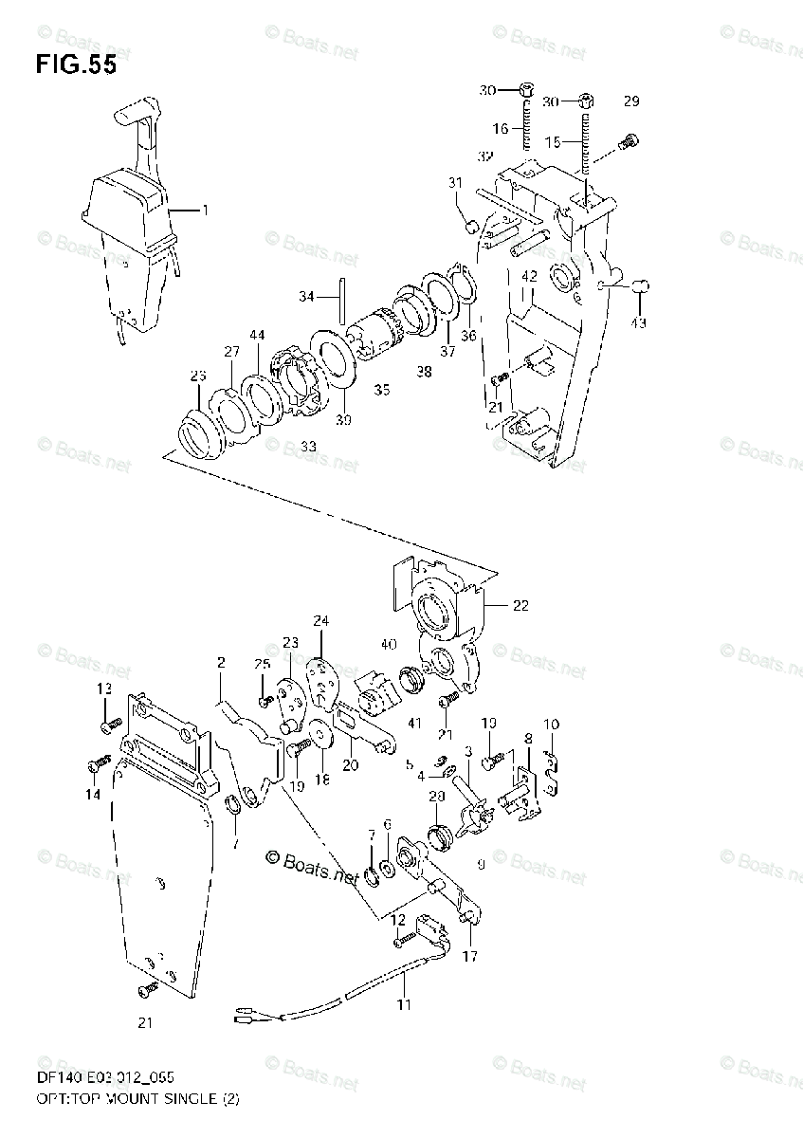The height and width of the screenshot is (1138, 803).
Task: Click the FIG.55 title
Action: tap(77, 65)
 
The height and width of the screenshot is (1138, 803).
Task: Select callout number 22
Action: tap(520, 606)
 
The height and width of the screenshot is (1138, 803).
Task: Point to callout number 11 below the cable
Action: tap(405, 1003)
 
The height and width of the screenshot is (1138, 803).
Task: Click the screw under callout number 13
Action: tap(110, 726)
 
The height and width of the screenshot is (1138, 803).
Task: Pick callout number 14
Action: tap(93, 795)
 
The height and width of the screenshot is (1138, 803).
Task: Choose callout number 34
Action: tap(306, 297)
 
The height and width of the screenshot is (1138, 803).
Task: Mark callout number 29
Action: tap(631, 101)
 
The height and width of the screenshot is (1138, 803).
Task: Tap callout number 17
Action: tap(470, 958)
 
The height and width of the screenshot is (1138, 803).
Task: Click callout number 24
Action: tap(321, 622)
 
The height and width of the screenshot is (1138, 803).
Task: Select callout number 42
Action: tap(529, 276)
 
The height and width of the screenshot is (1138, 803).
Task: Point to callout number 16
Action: tap(502, 128)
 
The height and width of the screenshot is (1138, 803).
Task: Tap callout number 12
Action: tap(398, 919)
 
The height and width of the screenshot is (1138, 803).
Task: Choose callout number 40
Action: tap(387, 645)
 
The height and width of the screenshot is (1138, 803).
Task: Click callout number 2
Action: tap(220, 662)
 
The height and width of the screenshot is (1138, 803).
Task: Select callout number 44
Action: tap(257, 335)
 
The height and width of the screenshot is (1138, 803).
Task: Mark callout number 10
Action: tap(551, 725)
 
